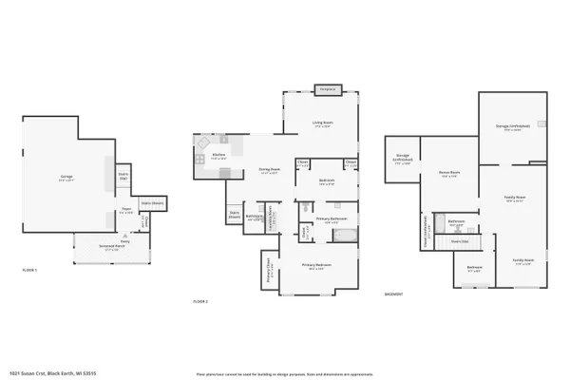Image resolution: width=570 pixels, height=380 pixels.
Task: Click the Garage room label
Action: pos(67,178)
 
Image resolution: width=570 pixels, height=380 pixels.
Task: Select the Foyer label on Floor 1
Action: pos(124,212)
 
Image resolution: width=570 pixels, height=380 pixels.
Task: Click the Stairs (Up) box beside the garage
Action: pos(123,176)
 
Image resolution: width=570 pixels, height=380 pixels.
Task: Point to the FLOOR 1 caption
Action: pos(29,271)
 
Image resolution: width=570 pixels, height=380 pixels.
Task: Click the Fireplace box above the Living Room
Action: pos(328,89)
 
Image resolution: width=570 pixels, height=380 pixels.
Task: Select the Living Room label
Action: pos(323,123)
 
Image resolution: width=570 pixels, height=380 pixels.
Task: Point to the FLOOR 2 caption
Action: pos(200,300)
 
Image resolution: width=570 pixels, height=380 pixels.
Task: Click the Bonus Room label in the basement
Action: pos(448,174)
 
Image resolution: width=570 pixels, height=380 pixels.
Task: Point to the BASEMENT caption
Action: pos(393,294)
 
